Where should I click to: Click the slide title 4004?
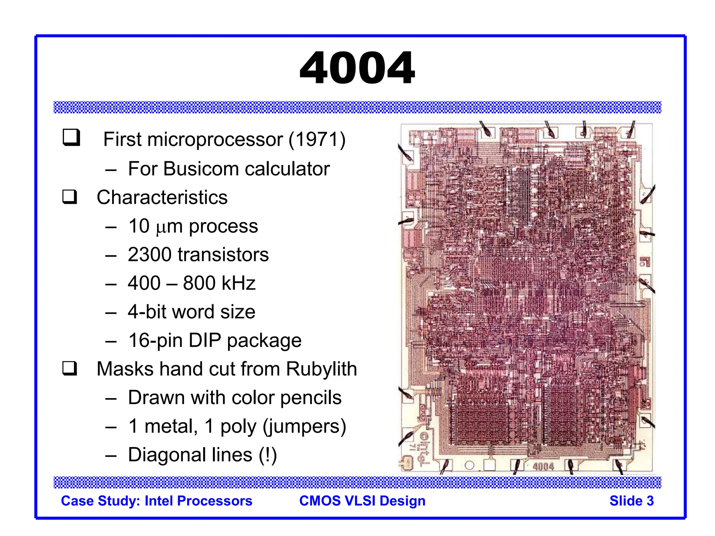click(x=357, y=68)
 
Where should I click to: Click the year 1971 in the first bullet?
click(x=317, y=140)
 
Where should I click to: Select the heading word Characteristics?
click(x=162, y=198)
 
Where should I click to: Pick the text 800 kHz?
click(x=219, y=283)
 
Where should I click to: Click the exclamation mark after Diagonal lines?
click(x=268, y=455)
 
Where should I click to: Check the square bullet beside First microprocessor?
click(x=71, y=137)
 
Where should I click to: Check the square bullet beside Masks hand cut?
click(x=70, y=368)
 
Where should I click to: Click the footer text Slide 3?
click(x=631, y=501)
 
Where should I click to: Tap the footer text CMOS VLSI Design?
click(x=362, y=501)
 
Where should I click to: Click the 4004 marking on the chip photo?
click(x=543, y=467)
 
